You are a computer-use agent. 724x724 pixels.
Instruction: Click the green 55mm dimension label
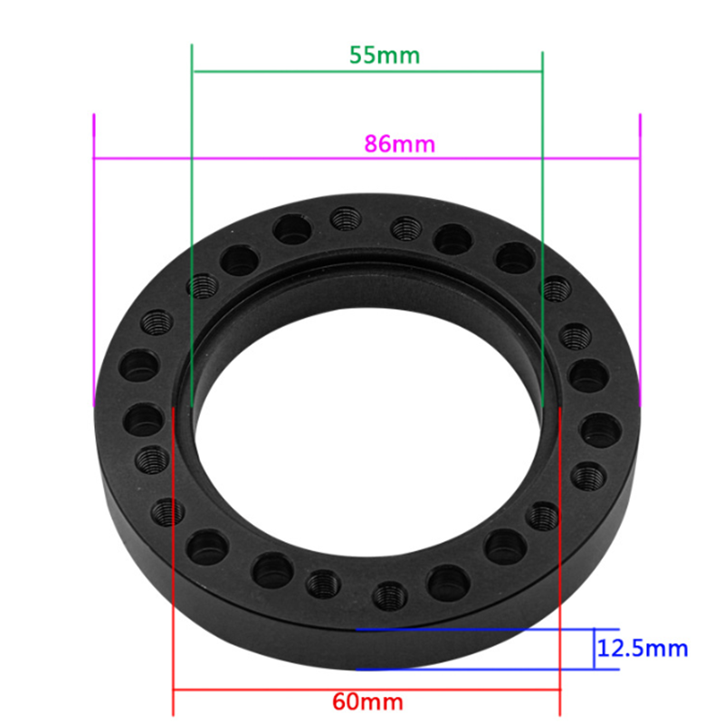(x=385, y=55)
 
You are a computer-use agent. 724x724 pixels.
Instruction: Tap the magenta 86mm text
(x=399, y=144)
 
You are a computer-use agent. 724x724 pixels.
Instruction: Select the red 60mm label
(x=367, y=702)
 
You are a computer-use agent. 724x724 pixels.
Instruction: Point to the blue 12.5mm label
(x=643, y=649)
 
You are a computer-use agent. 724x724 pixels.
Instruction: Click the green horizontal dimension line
(x=367, y=71)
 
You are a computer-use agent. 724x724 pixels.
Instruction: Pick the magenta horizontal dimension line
(x=367, y=158)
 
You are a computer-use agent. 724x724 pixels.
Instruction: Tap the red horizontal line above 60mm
(x=367, y=691)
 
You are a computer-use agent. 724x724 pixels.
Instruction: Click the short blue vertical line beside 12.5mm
(x=594, y=649)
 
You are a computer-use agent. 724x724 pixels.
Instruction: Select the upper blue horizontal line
(x=487, y=629)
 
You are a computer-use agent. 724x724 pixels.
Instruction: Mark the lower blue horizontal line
(x=487, y=669)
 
